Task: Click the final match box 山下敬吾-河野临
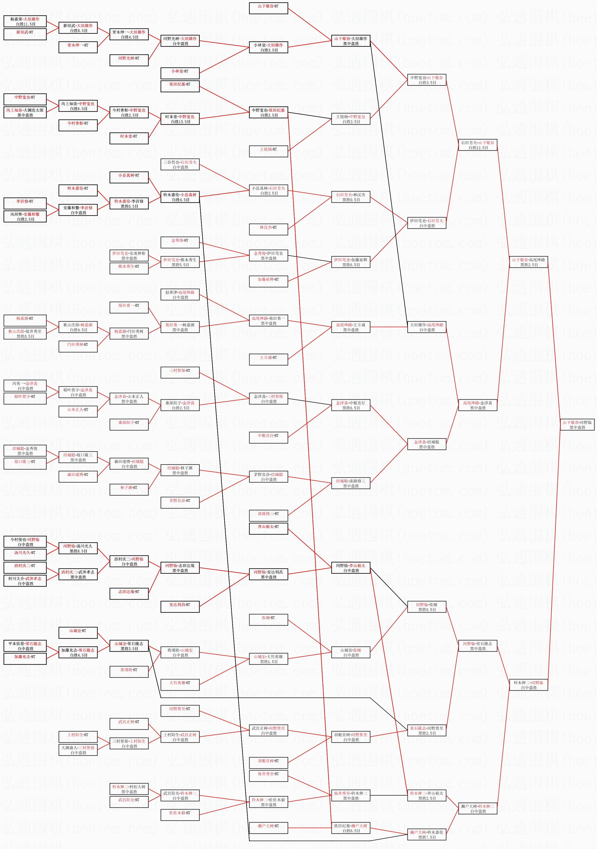click(x=577, y=424)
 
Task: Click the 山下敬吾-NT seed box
click(x=268, y=8)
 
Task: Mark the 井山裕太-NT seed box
click(x=268, y=528)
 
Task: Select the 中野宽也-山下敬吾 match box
click(x=427, y=80)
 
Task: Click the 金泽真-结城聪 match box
click(x=427, y=444)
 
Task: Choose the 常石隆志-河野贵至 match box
click(x=427, y=731)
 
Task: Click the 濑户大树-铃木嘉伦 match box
click(x=427, y=834)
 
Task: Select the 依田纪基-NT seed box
click(x=180, y=86)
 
